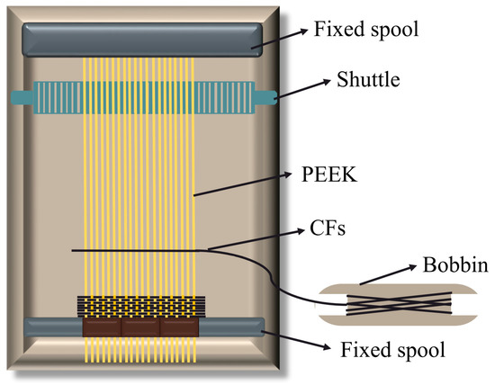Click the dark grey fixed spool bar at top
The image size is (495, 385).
144,39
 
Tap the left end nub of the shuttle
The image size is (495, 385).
21,95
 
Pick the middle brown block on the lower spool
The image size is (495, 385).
139,329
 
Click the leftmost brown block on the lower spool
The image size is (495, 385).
101,329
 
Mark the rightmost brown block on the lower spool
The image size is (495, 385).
178,329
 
